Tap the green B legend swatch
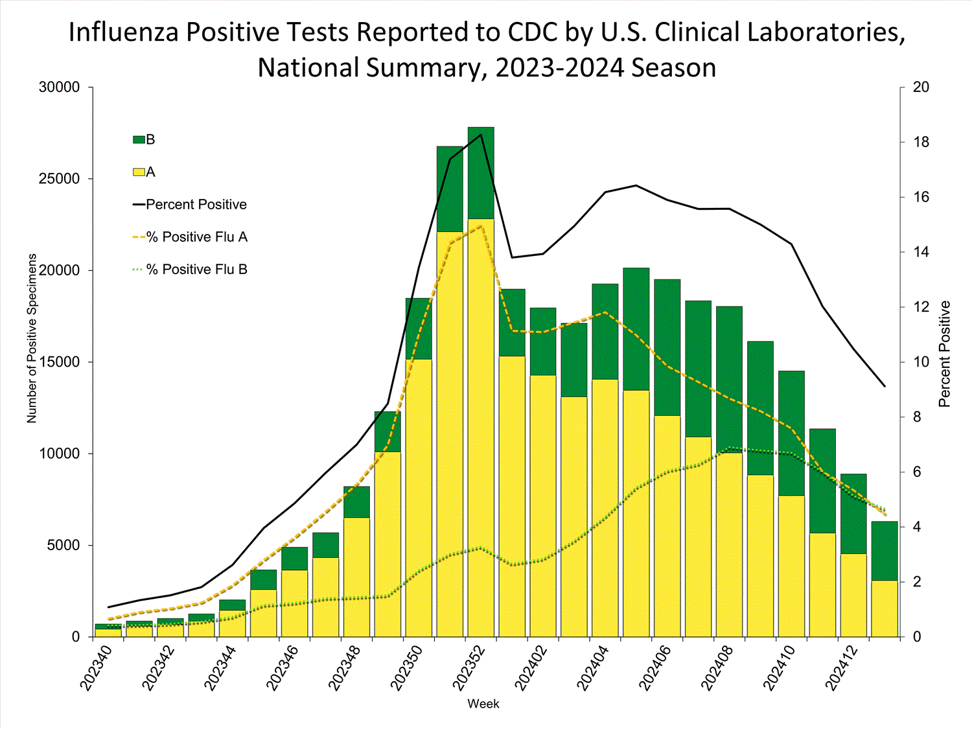coord(139,140)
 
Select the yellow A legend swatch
coord(139,172)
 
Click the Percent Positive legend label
coord(196,205)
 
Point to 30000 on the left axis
coord(60,87)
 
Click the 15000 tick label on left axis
coord(60,362)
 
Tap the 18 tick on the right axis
coord(921,143)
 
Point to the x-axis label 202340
coord(97,667)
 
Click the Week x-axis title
coord(483,704)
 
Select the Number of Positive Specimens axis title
coord(32,338)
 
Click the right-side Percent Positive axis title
coord(944,354)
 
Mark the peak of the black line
coord(481,135)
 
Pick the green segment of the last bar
coord(885,551)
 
